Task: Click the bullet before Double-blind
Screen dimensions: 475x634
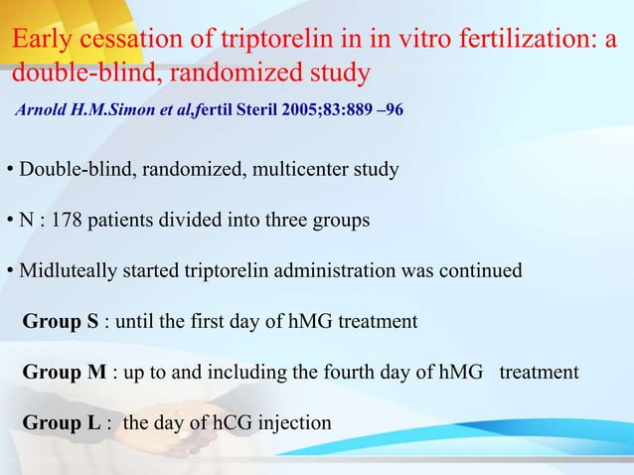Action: point(9,171)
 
